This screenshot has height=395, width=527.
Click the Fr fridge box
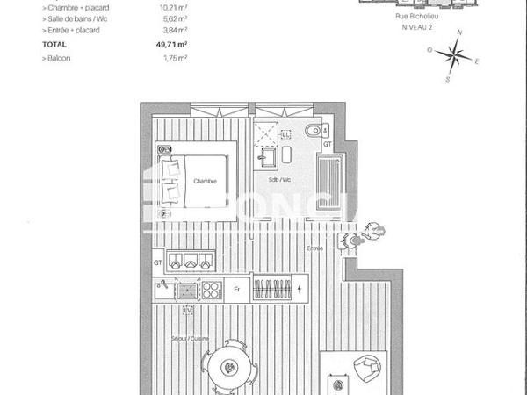point(236,288)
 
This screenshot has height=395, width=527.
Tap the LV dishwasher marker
point(186,310)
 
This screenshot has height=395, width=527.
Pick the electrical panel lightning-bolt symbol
point(300,288)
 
